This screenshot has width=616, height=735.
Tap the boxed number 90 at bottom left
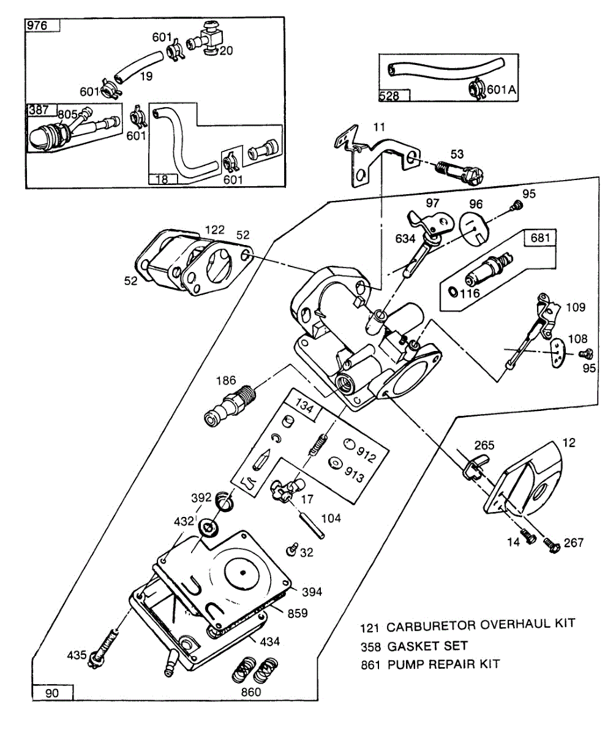[52, 693]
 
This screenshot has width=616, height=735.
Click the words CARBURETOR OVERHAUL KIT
[481, 625]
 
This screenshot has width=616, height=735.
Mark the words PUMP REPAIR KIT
[443, 665]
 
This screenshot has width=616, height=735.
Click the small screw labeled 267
[552, 543]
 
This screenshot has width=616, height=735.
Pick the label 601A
[501, 90]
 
